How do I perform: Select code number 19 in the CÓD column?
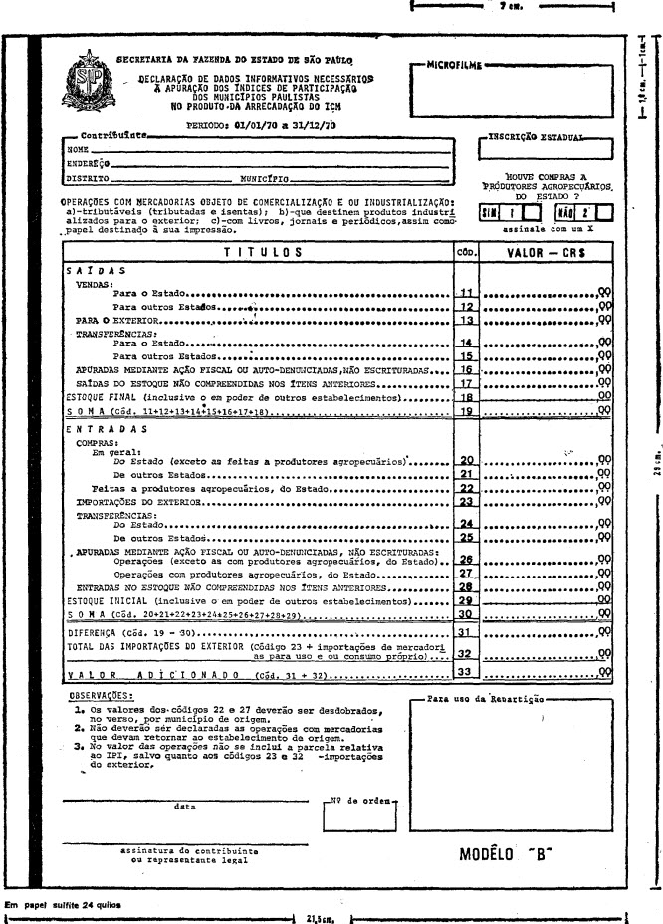coord(465,409)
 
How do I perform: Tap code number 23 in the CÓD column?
coord(465,503)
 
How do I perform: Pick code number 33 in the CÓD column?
coord(465,675)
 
